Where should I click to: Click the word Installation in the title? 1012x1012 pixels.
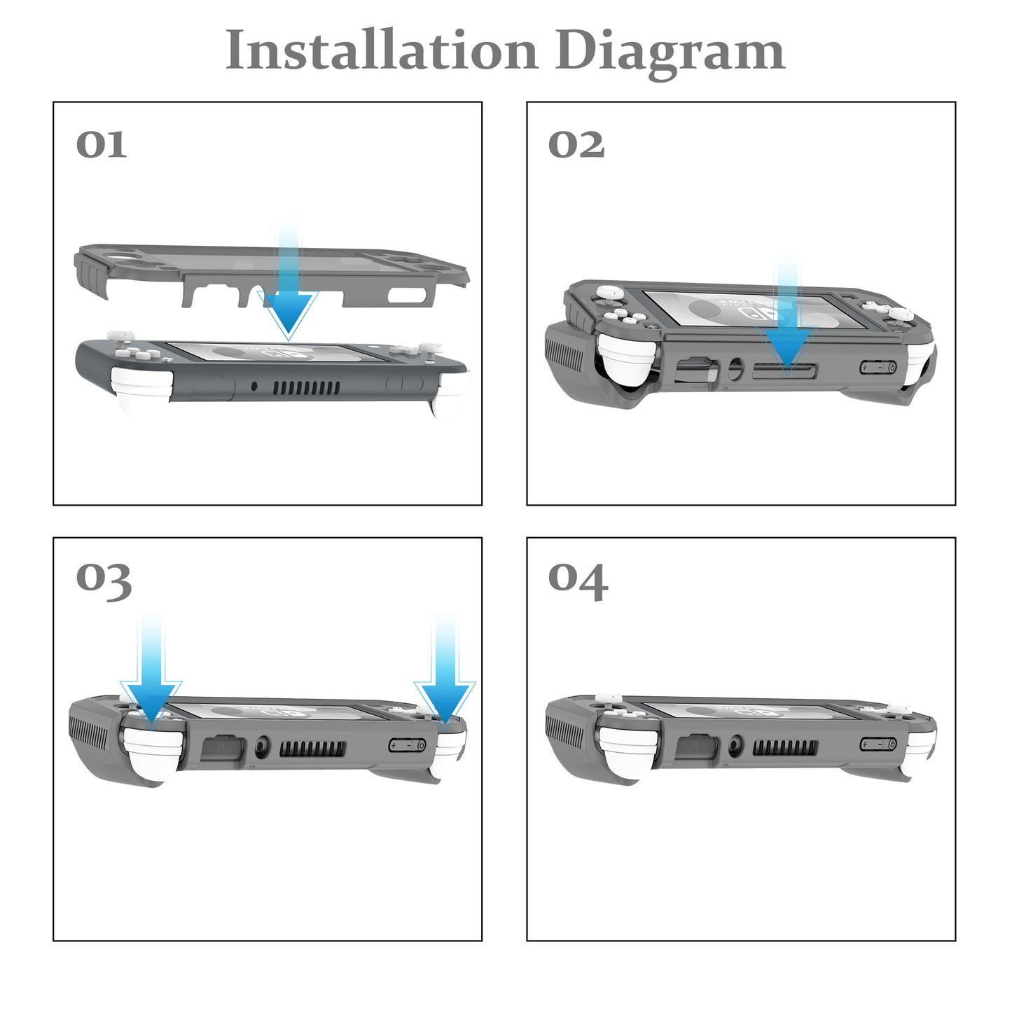coord(381,50)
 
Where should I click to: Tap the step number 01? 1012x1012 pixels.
coord(101,144)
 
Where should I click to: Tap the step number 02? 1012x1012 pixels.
coord(576,144)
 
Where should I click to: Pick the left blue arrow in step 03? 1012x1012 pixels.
coord(151,686)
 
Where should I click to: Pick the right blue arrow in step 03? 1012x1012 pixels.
coord(445,686)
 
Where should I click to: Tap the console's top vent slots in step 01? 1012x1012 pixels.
coord(305,387)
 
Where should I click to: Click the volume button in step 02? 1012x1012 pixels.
coord(878,367)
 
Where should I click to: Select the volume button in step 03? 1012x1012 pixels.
coord(407,744)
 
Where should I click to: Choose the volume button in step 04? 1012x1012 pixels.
coord(879,744)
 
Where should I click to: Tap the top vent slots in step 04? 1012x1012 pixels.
coord(784,747)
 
